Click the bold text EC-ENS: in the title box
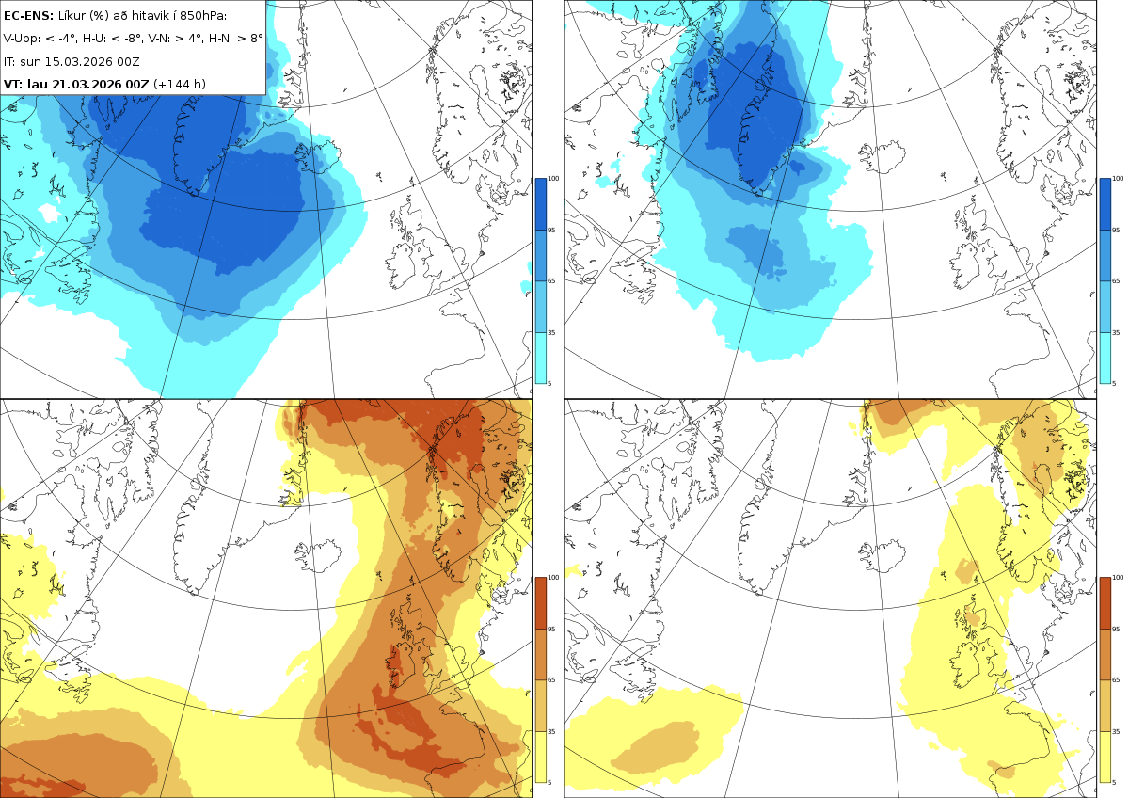tap(28, 16)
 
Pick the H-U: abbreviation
tap(94, 39)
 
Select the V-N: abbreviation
tap(159, 39)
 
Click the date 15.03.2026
tap(78, 61)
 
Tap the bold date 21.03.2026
tap(87, 84)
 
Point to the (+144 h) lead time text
tap(180, 84)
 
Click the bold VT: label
tap(13, 84)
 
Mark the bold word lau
tap(38, 84)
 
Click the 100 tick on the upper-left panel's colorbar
tap(553, 179)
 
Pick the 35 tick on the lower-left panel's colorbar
tap(551, 731)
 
